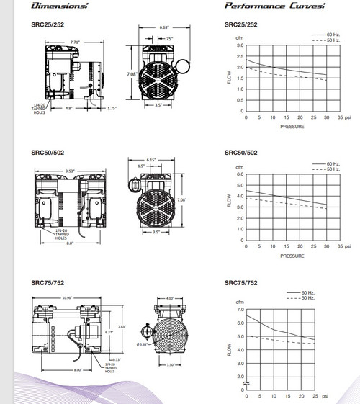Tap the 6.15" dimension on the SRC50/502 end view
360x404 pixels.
point(152,158)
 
